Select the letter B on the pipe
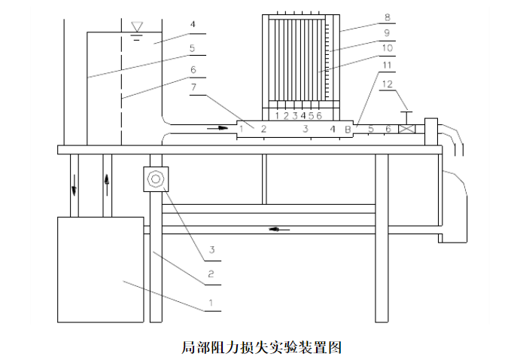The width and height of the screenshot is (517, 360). pyautogui.click(x=348, y=130)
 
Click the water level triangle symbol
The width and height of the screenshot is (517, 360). pyautogui.click(x=137, y=27)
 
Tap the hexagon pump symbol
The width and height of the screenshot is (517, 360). pyautogui.click(x=156, y=179)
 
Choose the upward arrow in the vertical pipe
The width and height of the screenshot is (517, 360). pyautogui.click(x=107, y=182)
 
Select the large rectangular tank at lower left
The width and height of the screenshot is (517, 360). pyautogui.click(x=100, y=269)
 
